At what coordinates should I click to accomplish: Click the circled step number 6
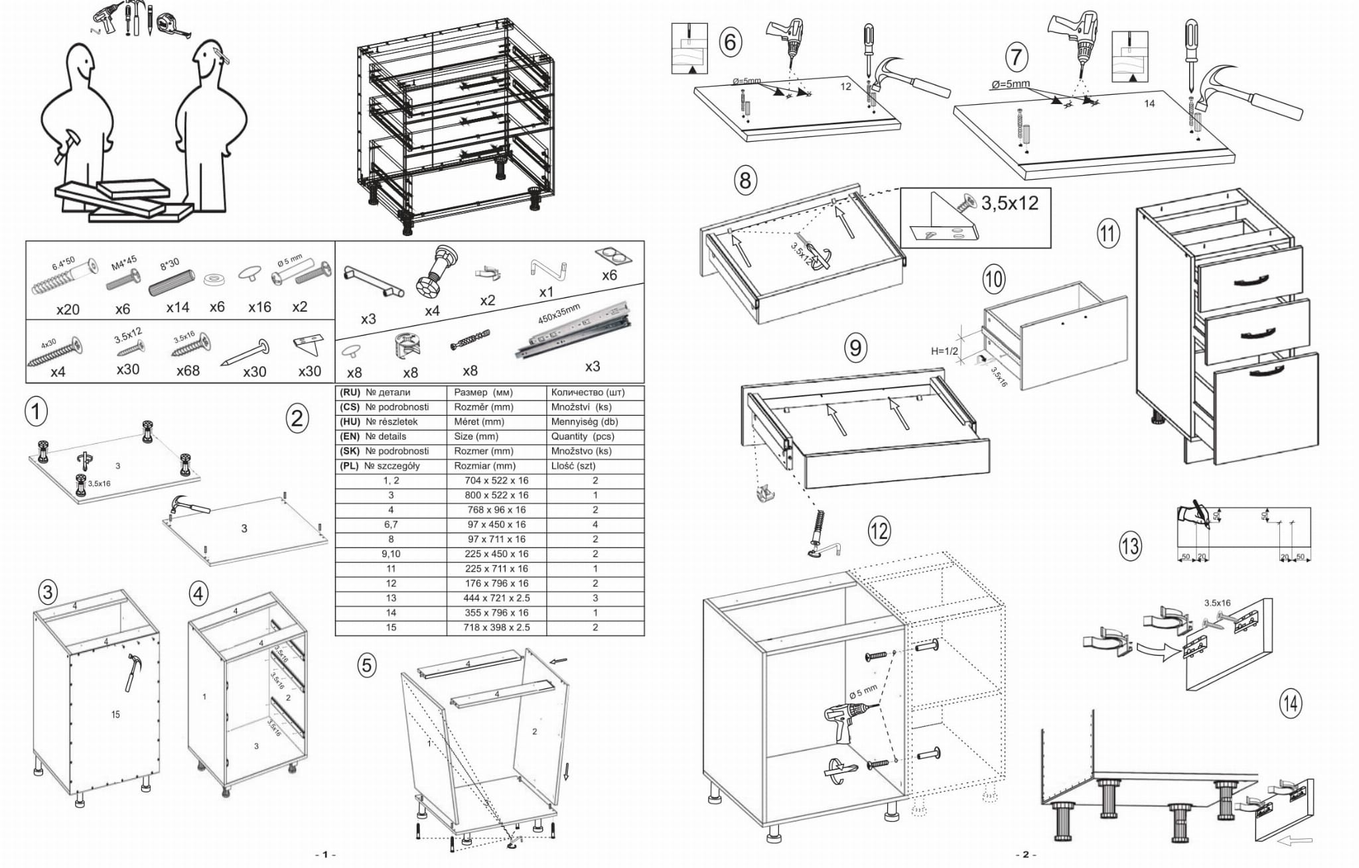(730, 41)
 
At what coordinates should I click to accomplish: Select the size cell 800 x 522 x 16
(496, 495)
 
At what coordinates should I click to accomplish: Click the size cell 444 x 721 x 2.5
(496, 598)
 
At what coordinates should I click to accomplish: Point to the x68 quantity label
(188, 371)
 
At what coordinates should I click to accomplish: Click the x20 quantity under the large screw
(68, 310)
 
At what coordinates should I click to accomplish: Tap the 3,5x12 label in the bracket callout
(1009, 203)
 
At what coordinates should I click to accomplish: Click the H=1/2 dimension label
(944, 351)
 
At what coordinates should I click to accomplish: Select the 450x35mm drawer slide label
(559, 314)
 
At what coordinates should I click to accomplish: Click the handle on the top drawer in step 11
(1249, 282)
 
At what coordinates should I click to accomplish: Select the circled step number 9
(855, 347)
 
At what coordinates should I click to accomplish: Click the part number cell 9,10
(391, 554)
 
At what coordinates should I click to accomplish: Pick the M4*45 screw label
(124, 264)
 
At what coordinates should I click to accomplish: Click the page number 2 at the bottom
(1025, 854)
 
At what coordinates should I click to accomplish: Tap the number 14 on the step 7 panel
(1149, 103)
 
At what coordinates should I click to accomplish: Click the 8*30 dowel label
(169, 263)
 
